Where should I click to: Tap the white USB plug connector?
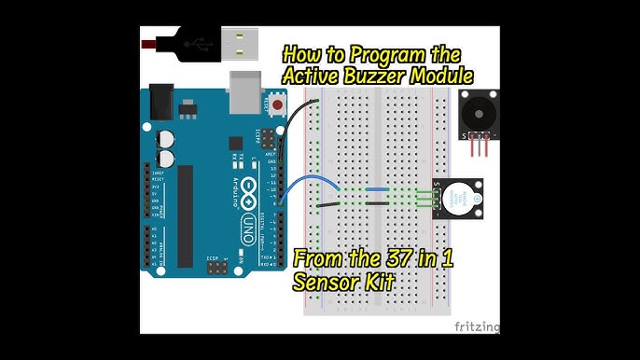(x=239, y=41)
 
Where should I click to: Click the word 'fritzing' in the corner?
(x=477, y=327)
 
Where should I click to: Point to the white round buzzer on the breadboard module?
(x=458, y=199)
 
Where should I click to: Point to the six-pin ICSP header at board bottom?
(x=216, y=269)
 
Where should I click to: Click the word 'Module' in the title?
(x=446, y=75)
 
